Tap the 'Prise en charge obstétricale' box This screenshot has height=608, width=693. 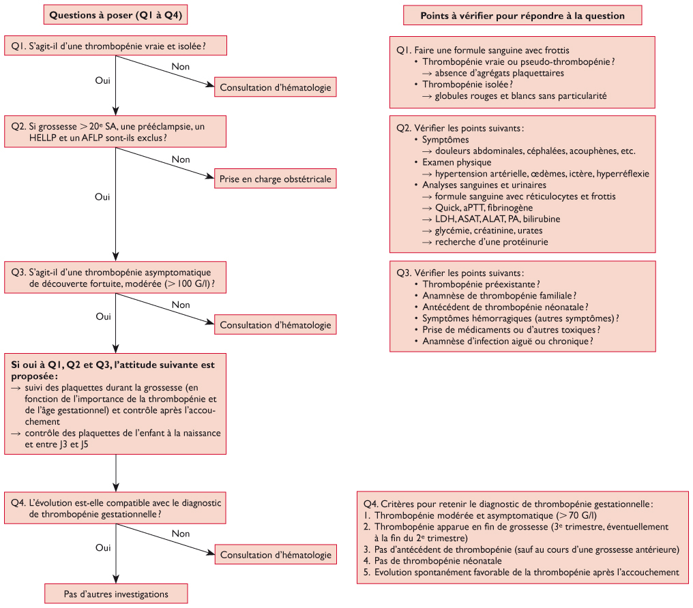click(x=275, y=179)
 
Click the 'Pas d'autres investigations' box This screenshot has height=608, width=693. click(x=116, y=594)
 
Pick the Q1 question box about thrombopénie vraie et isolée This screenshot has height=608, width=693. click(x=115, y=47)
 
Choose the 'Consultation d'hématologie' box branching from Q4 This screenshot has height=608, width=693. click(x=275, y=555)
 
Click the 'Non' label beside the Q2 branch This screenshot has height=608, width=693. click(x=181, y=159)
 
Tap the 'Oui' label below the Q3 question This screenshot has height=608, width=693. click(x=103, y=316)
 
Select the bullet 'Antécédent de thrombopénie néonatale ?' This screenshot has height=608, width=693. click(x=505, y=307)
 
